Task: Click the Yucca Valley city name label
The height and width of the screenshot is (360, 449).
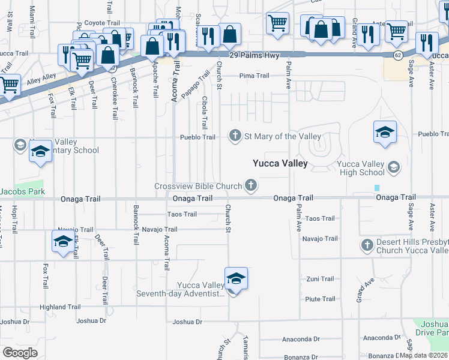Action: coord(280,163)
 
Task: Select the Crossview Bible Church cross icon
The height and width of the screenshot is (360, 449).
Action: coord(252,187)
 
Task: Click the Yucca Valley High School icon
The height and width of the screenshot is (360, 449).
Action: coord(394,166)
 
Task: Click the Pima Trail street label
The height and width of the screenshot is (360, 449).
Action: coord(254,76)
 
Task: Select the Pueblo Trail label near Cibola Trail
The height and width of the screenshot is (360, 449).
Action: coord(198,137)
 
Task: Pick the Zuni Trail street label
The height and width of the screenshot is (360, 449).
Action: coord(319,279)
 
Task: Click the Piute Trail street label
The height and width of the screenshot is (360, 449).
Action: coord(319,299)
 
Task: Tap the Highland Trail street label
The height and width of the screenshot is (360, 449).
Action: coord(60,307)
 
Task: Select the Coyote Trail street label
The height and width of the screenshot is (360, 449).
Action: coord(98,23)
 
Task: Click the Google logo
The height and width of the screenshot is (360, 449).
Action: coord(20,353)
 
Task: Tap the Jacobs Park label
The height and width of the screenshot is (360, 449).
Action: coord(22,192)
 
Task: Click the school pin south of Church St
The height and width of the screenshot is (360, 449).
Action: coord(237,279)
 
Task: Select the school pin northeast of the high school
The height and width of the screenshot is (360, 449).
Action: coord(385,133)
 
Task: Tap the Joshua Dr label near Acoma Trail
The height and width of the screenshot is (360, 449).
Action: coord(187,322)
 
